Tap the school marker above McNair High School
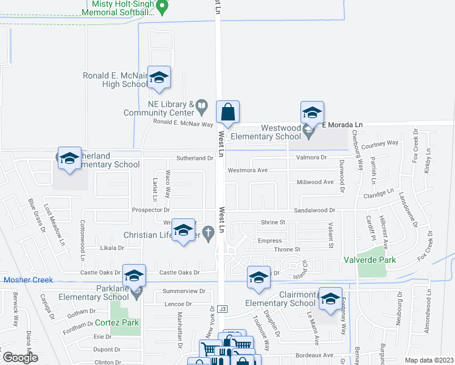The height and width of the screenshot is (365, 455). click(x=159, y=77)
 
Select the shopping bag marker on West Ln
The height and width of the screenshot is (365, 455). click(x=227, y=112)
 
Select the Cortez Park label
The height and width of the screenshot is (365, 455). click(x=117, y=323)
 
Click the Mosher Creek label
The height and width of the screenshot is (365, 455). click(x=29, y=280)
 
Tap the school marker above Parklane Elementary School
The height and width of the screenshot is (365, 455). click(x=134, y=276)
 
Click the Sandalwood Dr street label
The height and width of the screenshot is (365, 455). click(x=314, y=210)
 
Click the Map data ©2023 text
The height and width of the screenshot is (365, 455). click(x=429, y=360)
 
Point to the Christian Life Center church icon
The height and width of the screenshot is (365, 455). click(x=208, y=232)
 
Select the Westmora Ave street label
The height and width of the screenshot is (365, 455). click(x=248, y=170)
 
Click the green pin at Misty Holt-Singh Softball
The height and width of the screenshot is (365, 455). click(x=161, y=7)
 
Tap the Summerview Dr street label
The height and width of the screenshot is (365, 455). click(x=185, y=291)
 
